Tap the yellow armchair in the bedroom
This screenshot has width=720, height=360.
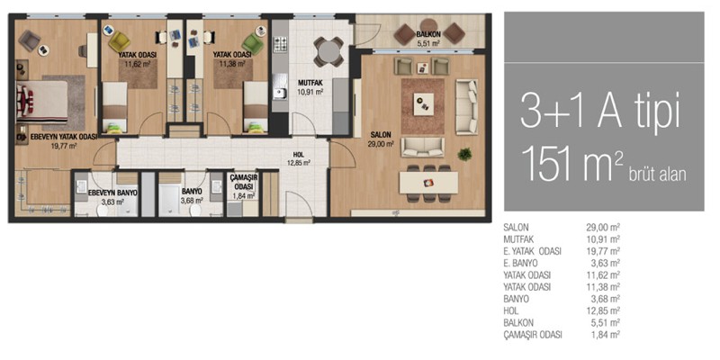(119, 41)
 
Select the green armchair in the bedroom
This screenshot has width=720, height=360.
(253, 43)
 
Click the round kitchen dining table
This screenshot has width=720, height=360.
(328, 52)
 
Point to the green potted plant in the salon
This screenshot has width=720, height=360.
(464, 154)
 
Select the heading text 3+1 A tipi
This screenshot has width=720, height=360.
(599, 112)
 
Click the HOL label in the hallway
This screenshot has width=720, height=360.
(299, 155)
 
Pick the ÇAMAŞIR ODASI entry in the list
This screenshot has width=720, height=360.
(533, 335)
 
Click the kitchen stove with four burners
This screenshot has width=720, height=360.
(280, 44)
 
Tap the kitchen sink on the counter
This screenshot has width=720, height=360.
(279, 94)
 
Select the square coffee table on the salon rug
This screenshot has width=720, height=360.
(423, 104)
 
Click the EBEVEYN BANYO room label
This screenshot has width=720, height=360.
(112, 193)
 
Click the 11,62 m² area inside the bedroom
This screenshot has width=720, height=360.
(138, 64)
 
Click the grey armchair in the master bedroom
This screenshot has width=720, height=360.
(30, 40)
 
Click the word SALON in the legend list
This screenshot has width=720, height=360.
(516, 228)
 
